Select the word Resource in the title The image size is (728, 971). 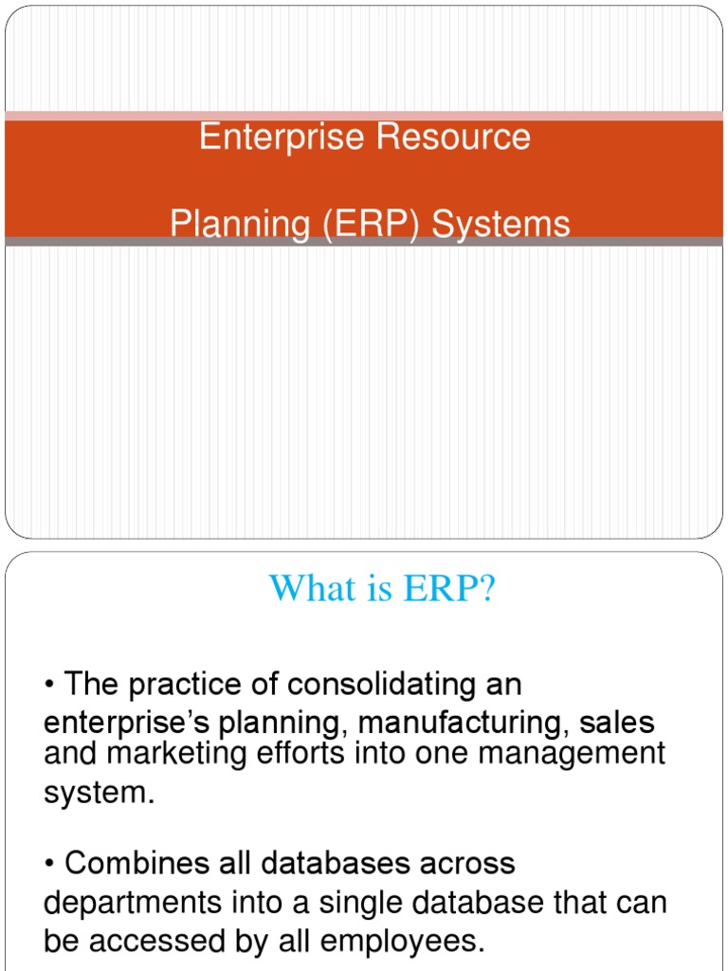[x=454, y=137]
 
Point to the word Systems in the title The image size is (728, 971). [x=500, y=224]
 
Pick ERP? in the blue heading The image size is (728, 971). [x=448, y=588]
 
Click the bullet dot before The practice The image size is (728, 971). [x=49, y=686]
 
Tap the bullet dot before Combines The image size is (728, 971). [x=49, y=865]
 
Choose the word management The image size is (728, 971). [x=572, y=754]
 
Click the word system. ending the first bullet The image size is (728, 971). [x=99, y=792]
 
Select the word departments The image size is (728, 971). [x=133, y=904]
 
